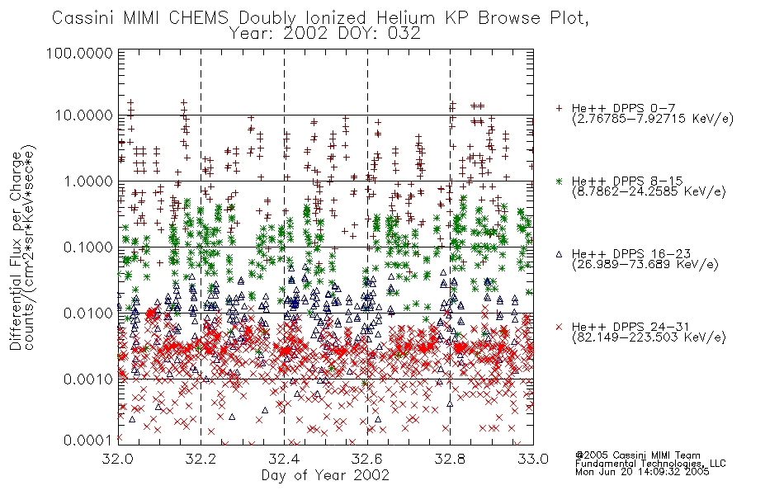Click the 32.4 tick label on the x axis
click(284, 459)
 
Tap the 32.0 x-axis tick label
click(118, 459)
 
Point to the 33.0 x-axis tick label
click(533, 459)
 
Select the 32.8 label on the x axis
click(450, 459)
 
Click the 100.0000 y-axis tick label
click(79, 53)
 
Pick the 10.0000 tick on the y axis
click(84, 115)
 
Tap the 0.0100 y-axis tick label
click(88, 313)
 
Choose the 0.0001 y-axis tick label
click(88, 440)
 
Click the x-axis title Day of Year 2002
click(325, 475)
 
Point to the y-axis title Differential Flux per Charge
click(16, 251)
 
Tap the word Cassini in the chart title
click(84, 18)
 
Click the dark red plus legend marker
click(559, 108)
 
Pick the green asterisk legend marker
click(559, 181)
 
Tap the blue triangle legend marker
click(559, 254)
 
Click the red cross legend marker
click(559, 327)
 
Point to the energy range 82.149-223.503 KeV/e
click(649, 337)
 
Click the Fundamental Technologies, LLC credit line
click(650, 464)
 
